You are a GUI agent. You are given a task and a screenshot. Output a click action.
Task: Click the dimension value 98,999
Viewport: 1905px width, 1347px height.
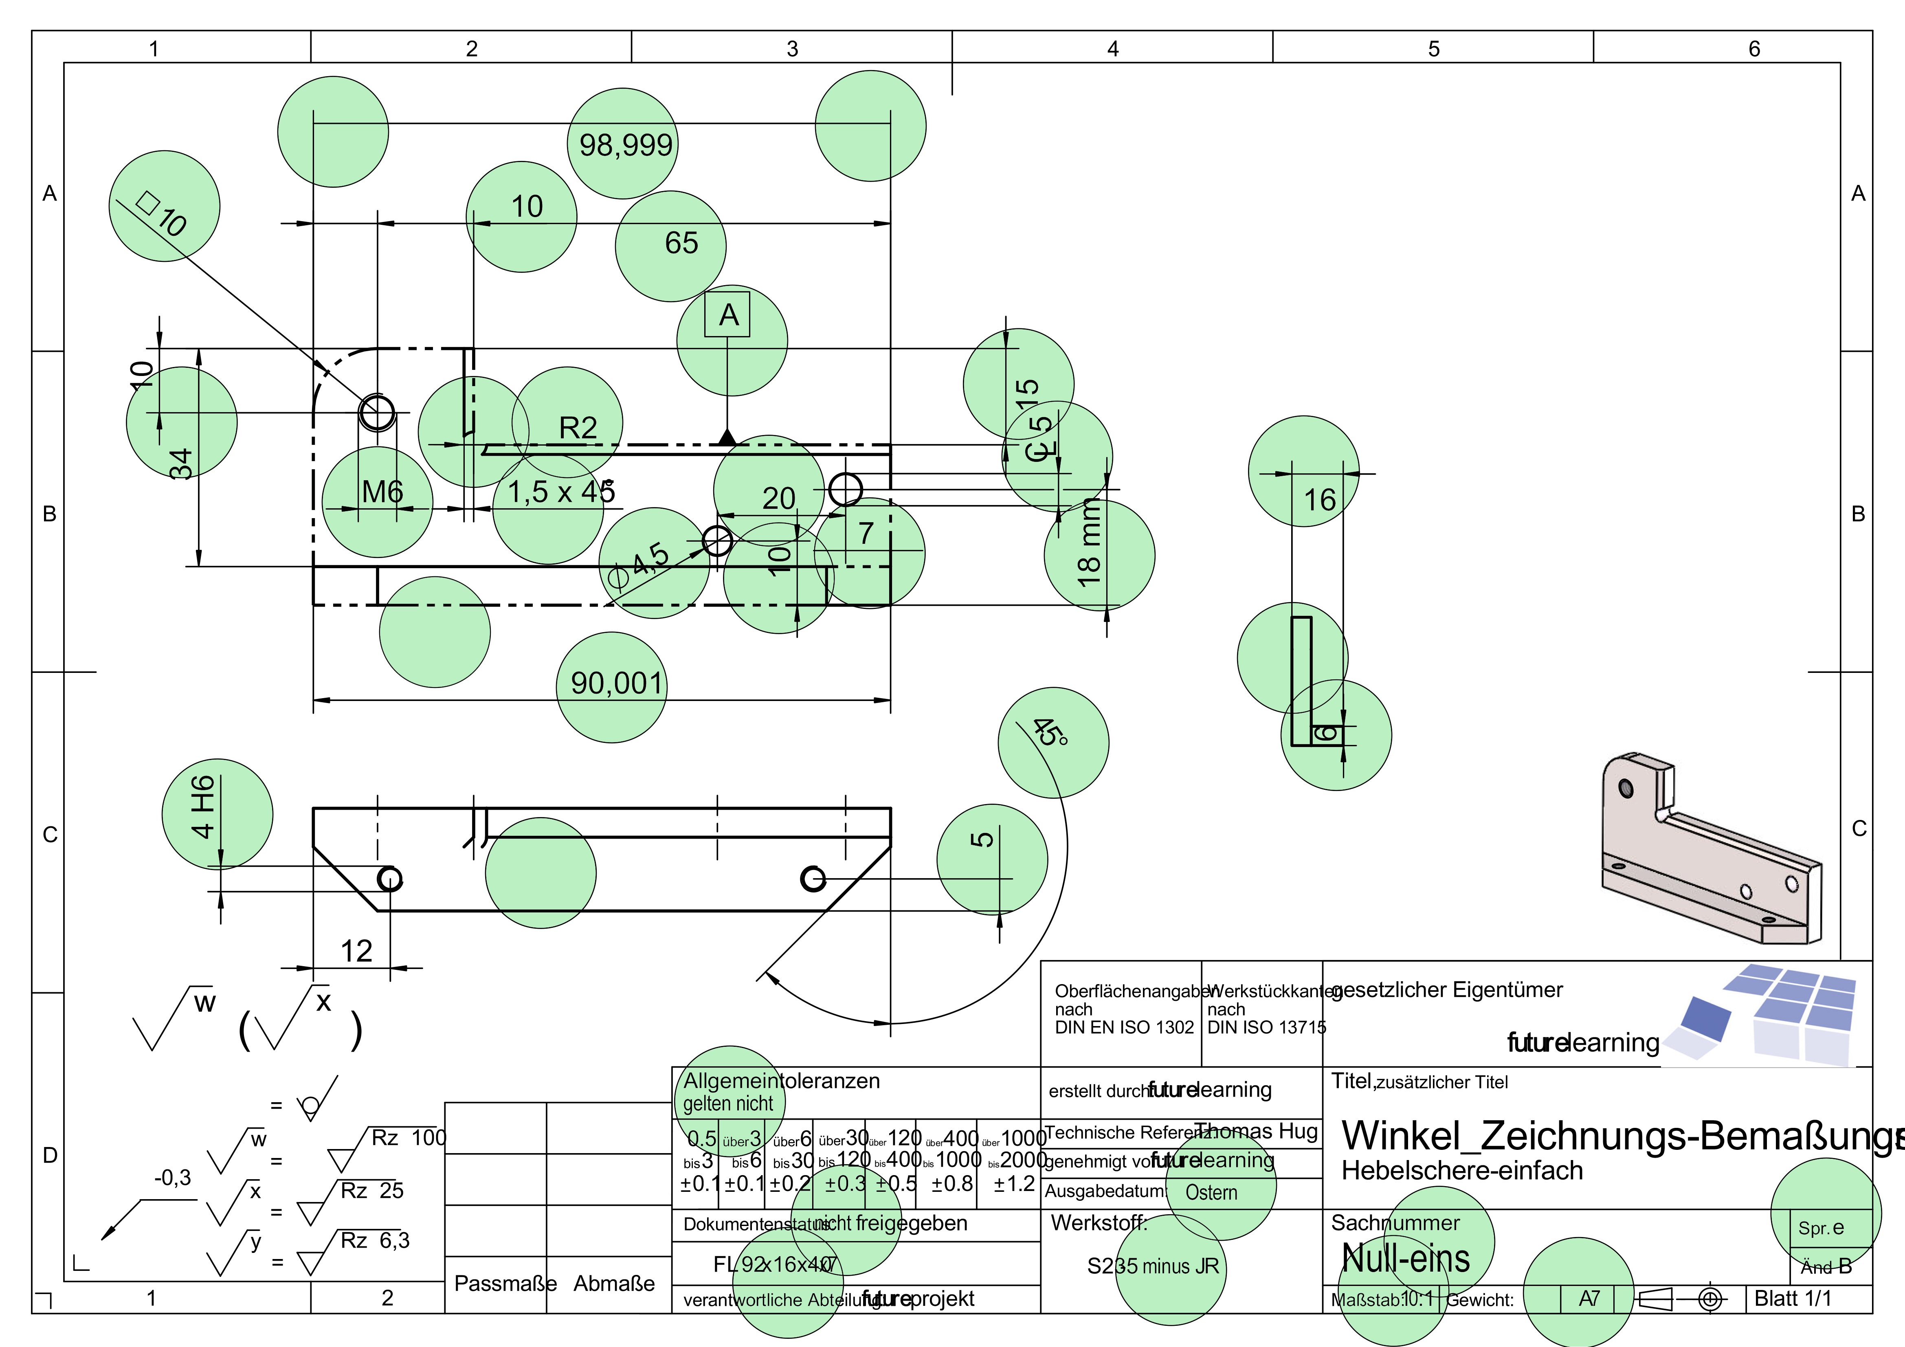tap(626, 145)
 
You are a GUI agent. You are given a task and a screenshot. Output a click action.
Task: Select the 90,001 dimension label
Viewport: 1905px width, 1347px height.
tap(617, 683)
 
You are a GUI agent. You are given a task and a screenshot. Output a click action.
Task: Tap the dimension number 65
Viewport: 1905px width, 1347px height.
tap(681, 243)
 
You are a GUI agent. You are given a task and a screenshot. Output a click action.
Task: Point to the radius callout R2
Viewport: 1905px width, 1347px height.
tap(578, 427)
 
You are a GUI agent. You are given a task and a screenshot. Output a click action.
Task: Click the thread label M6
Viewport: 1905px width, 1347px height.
tap(382, 492)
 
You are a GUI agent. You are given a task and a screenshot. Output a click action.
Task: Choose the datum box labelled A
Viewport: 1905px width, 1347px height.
tap(727, 314)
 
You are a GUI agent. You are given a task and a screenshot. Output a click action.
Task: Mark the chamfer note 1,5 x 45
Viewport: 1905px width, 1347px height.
tap(561, 492)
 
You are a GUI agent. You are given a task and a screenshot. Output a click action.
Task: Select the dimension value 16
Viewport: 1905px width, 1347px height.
tap(1319, 500)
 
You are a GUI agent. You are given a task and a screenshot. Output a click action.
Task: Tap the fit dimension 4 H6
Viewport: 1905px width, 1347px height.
tap(202, 807)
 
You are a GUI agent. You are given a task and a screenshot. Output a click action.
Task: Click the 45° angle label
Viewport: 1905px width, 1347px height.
tap(1050, 731)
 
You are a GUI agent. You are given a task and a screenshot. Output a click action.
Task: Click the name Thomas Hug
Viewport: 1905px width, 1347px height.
tap(1256, 1131)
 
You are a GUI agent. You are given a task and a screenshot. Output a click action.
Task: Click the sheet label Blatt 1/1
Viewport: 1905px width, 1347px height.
tap(1792, 1298)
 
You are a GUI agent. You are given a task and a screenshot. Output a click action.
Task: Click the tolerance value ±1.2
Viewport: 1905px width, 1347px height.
tap(1014, 1184)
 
